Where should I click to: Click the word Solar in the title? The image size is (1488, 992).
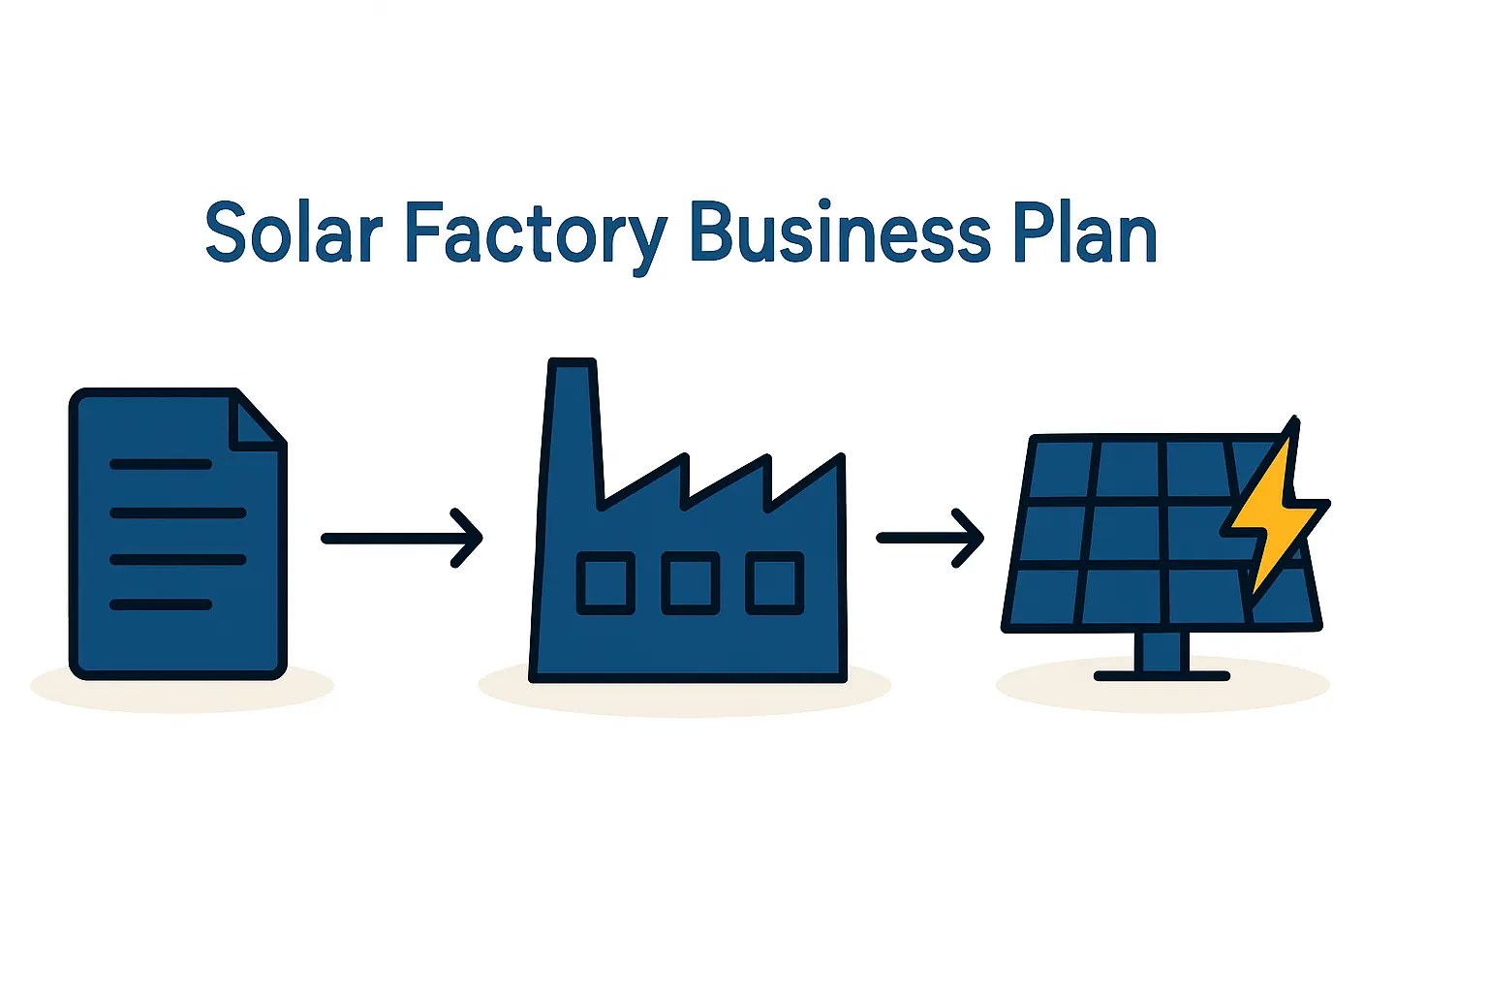coord(294,232)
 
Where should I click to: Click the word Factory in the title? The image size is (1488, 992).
coord(535,232)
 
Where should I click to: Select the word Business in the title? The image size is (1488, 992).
coord(840,232)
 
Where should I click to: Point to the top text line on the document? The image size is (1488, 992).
coord(161,464)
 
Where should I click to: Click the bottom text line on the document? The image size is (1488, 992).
coord(161,604)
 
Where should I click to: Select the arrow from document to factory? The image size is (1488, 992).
coord(401,538)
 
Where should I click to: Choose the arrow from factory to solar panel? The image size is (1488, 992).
coord(930,538)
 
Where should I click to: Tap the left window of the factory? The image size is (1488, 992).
coord(605,583)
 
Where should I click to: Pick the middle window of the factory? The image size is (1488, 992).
coord(690,583)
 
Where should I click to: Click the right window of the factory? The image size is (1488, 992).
coord(774,583)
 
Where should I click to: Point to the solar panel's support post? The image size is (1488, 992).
coord(1162,651)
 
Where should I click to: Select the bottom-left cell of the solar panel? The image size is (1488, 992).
coord(1043,597)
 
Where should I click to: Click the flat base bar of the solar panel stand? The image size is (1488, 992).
coord(1162,675)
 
